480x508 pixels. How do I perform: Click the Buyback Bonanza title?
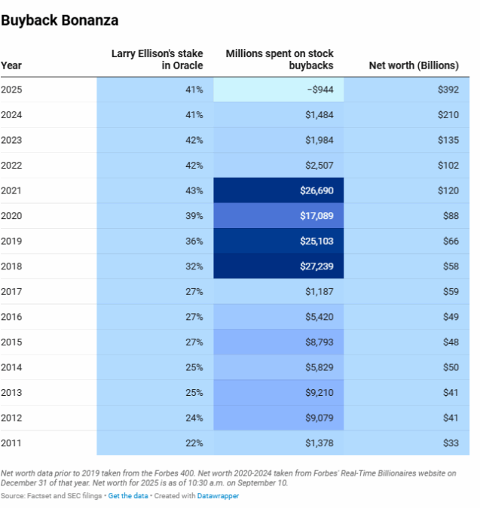[x=60, y=20]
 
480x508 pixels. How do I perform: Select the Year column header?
[x=11, y=65]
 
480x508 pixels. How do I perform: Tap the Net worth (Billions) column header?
[x=413, y=65]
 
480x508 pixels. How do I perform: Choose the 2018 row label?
[x=11, y=266]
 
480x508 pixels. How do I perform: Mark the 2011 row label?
[x=11, y=443]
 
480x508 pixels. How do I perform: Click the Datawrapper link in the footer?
[x=219, y=496]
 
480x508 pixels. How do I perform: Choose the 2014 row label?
[x=11, y=367]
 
